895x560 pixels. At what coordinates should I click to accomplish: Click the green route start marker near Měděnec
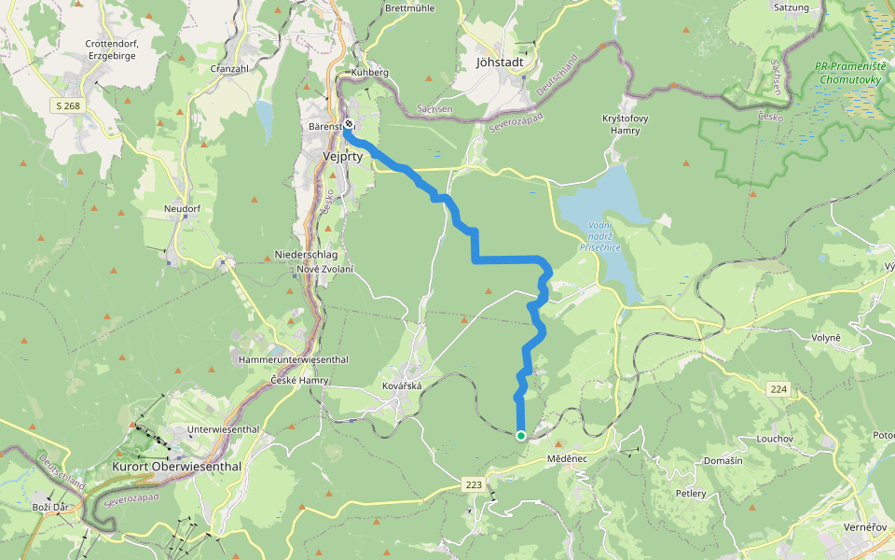tap(520, 435)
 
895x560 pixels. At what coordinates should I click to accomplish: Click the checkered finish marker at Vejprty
tap(348, 123)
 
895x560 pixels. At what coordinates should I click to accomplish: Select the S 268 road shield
tap(67, 106)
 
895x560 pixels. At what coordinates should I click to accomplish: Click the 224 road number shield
tap(779, 387)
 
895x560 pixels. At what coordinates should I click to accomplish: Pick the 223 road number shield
tap(473, 484)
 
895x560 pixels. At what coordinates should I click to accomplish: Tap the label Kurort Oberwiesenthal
tap(176, 466)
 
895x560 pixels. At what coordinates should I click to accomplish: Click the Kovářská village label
tap(402, 385)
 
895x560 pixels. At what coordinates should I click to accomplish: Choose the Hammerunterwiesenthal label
tap(293, 359)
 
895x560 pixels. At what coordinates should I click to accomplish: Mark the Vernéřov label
tap(865, 527)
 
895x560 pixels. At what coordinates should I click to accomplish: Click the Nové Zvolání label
tap(324, 269)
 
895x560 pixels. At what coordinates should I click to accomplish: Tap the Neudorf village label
tap(182, 208)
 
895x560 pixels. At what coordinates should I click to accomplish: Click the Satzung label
tap(791, 7)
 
